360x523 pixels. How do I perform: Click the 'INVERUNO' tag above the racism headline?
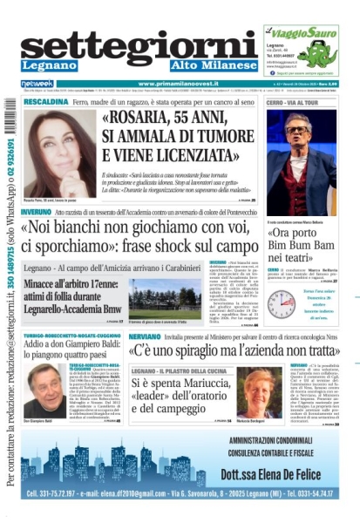pyautogui.click(x=36, y=212)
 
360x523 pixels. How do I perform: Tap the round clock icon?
pyautogui.click(x=281, y=303)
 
